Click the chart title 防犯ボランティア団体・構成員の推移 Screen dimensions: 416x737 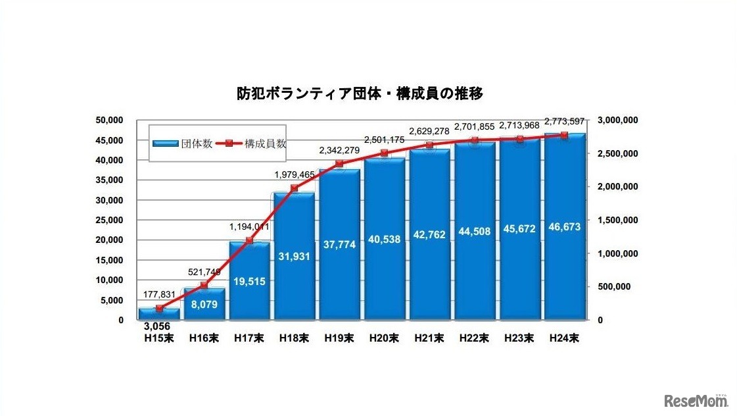[360, 93]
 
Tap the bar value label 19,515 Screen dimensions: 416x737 [249, 281]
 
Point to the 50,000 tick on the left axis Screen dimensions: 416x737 [110, 120]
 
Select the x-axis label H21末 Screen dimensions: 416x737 [429, 339]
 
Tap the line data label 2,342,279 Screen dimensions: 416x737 [339, 151]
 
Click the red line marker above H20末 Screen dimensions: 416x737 [384, 153]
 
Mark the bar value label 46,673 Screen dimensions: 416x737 [564, 228]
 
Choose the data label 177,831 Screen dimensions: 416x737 [158, 295]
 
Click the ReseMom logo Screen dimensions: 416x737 [696, 400]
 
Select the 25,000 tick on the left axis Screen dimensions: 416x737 [110, 220]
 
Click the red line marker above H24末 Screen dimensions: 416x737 [564, 135]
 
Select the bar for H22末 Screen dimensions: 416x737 [473, 263]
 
